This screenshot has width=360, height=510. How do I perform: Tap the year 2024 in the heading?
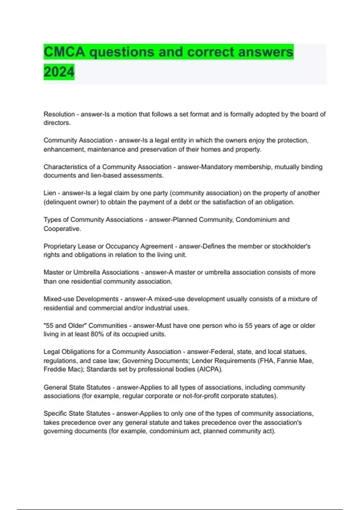(x=59, y=72)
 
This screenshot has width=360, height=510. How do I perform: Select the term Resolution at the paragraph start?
(x=59, y=114)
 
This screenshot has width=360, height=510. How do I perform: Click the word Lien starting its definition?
(x=50, y=193)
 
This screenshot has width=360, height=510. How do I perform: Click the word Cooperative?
(x=62, y=229)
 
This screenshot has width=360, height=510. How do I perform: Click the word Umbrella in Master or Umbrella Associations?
(x=87, y=272)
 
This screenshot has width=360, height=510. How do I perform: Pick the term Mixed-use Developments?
(x=81, y=299)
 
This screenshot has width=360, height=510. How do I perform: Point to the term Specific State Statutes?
(x=77, y=414)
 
